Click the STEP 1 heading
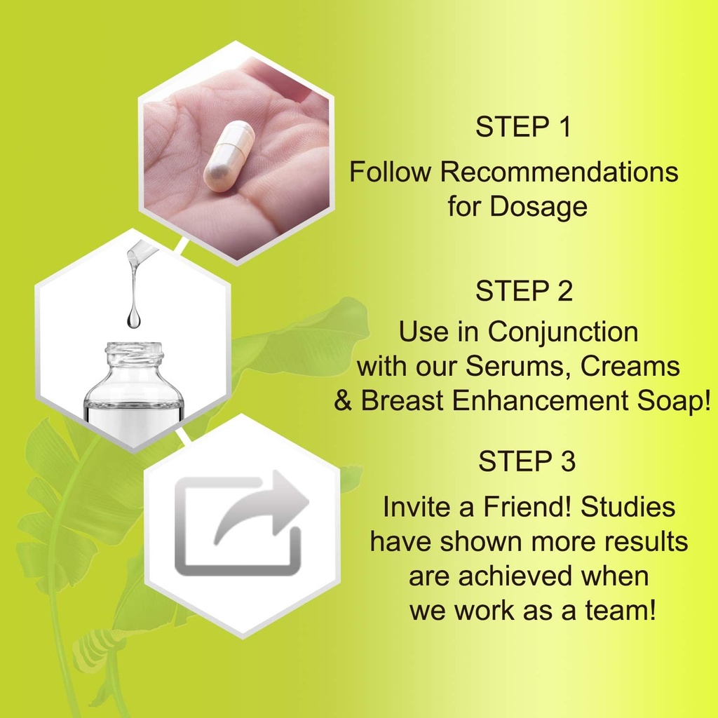523,128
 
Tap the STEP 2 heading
524,292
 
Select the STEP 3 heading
527,461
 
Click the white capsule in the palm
229,156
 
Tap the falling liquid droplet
133,319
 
